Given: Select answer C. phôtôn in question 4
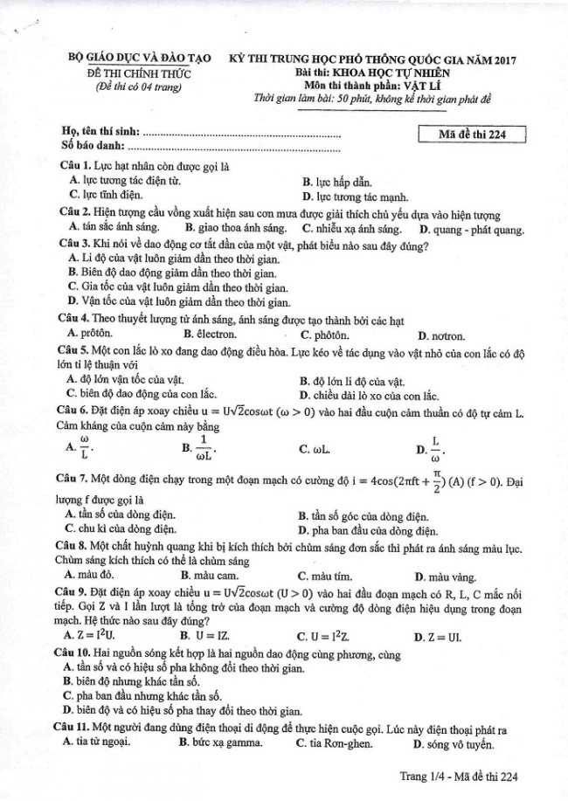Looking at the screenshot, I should [x=324, y=335].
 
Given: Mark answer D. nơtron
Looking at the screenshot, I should [x=442, y=335].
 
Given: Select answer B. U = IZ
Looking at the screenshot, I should [x=209, y=637].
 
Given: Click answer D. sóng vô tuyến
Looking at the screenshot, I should [x=454, y=743].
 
